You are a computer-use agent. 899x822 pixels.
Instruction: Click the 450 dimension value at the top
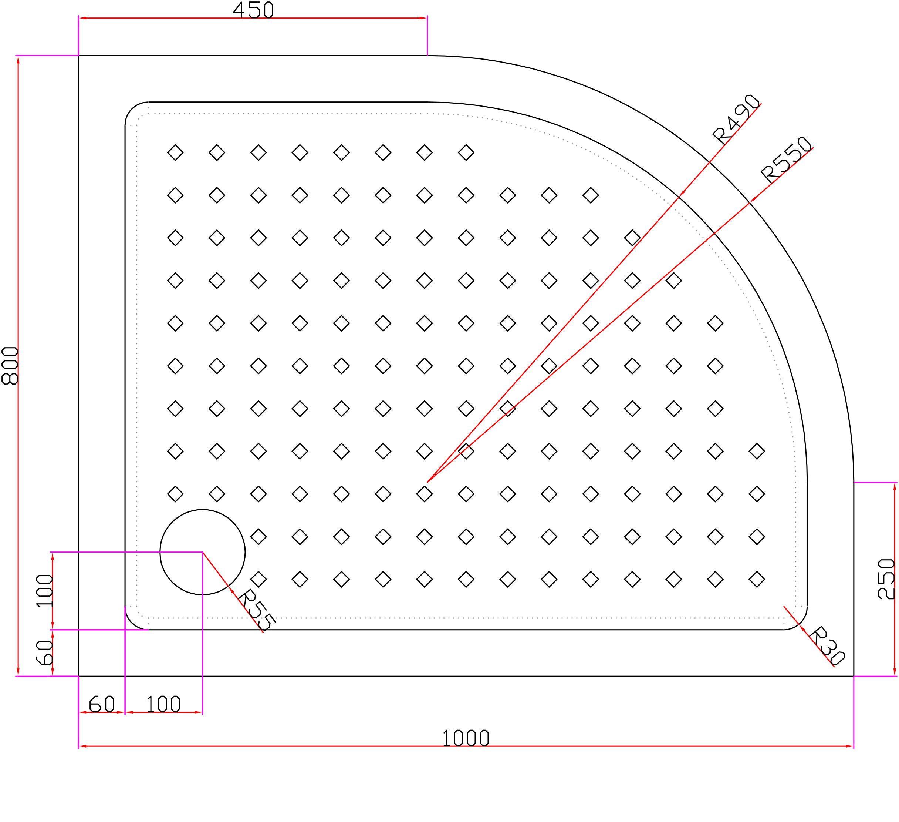[x=253, y=10]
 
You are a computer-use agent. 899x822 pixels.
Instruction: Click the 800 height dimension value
[x=10, y=366]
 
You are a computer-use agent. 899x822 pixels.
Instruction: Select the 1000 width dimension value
[x=466, y=739]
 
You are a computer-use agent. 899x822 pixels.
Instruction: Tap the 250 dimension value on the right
[x=886, y=579]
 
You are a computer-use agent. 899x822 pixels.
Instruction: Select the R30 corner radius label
[x=826, y=646]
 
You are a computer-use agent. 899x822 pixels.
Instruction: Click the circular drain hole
[x=202, y=552]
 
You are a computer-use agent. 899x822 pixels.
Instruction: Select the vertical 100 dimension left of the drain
[x=45, y=590]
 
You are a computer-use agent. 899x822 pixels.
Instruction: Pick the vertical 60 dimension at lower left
[x=45, y=653]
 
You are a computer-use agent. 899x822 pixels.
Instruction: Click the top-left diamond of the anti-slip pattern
[x=175, y=152]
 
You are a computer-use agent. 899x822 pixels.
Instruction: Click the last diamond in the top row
[x=466, y=152]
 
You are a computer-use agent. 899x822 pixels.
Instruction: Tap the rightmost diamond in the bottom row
[x=757, y=580]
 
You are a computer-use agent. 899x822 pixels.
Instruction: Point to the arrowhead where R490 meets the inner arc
[x=682, y=193]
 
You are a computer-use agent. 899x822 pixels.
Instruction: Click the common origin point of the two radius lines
[x=427, y=482]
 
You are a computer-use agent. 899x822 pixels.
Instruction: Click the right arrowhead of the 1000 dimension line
[x=850, y=746]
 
